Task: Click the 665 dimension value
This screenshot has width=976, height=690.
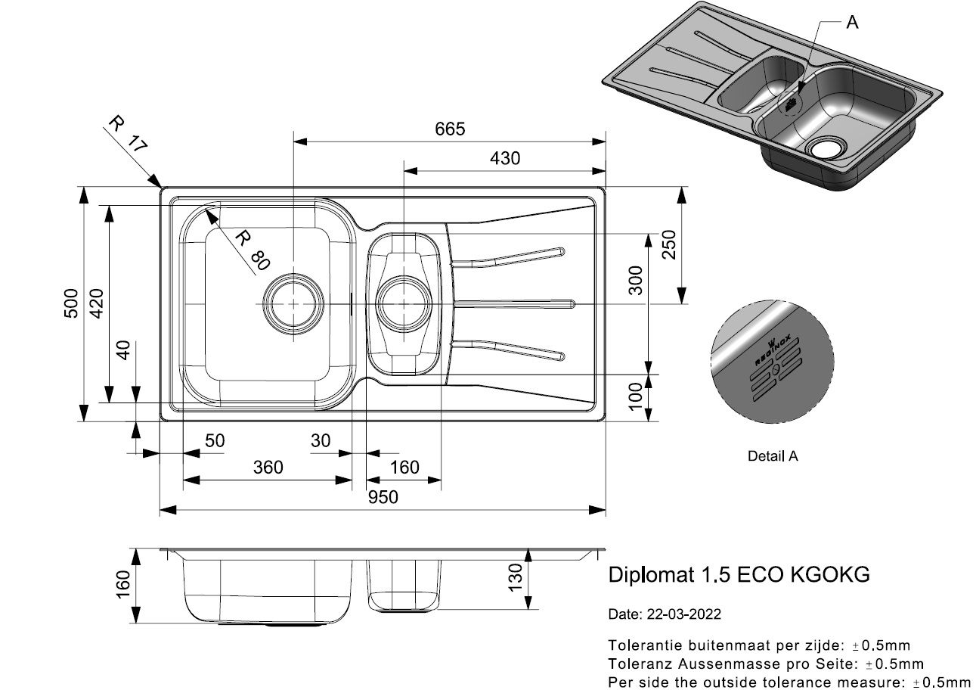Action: tap(450, 129)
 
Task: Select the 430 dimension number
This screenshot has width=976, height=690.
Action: tap(504, 158)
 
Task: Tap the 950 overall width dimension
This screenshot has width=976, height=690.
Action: tap(383, 497)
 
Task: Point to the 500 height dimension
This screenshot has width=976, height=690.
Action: tap(71, 303)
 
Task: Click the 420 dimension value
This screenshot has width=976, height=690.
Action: tap(96, 303)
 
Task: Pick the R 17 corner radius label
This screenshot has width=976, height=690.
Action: tap(128, 133)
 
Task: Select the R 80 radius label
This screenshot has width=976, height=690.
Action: tap(253, 250)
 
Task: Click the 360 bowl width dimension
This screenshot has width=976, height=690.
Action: tap(268, 467)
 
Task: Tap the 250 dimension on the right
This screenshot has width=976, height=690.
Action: tap(668, 244)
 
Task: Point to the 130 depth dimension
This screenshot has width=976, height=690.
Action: tap(515, 577)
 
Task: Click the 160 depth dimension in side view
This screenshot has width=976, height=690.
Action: tap(123, 584)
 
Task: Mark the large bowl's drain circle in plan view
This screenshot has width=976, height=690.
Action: tap(293, 304)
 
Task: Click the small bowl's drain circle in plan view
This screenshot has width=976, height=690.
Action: tap(404, 303)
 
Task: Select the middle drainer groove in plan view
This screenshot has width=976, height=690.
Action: tap(515, 303)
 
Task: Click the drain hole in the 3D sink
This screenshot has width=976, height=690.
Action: tap(826, 148)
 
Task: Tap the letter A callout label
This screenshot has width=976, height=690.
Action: tap(852, 22)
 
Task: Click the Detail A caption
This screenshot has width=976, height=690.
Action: tap(773, 455)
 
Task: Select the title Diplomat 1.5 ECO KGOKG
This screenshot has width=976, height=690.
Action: tap(739, 574)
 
